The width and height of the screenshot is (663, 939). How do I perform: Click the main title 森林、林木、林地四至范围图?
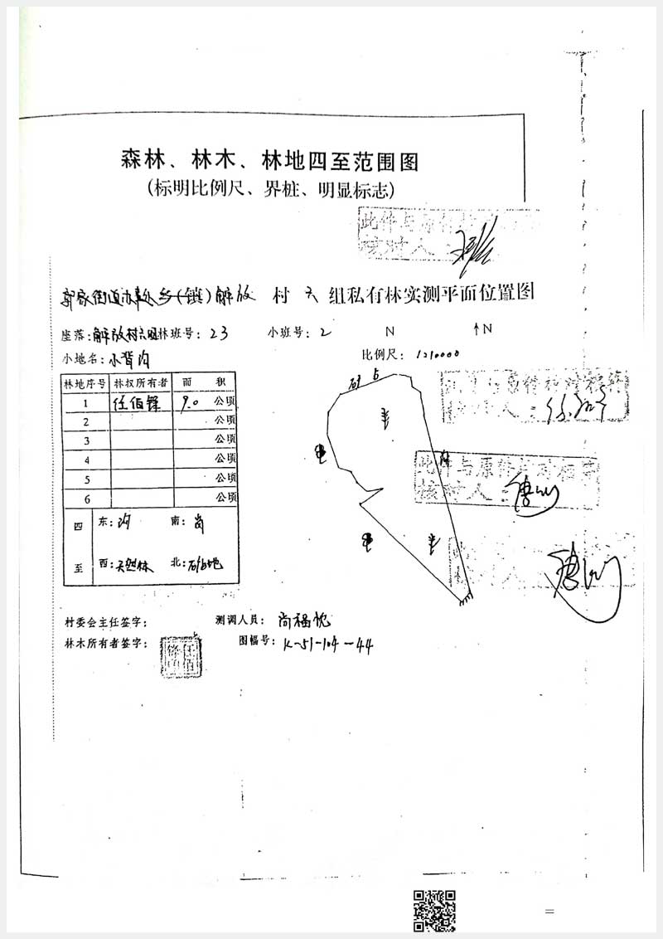click(268, 159)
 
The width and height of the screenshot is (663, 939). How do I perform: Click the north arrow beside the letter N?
click(477, 329)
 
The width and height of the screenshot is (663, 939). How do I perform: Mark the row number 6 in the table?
click(85, 499)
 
